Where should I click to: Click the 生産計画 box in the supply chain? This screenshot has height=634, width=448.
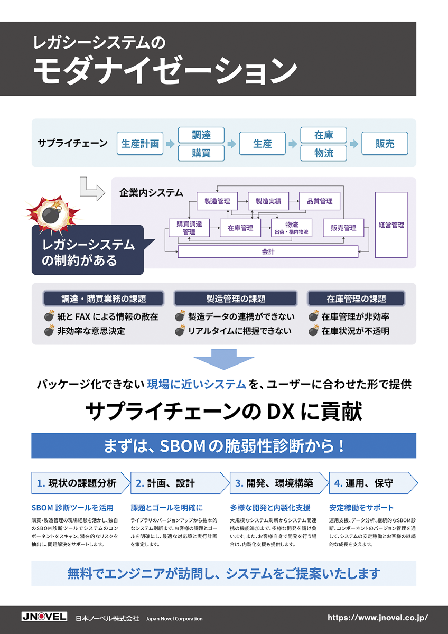point(140,144)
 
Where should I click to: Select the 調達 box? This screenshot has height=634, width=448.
point(201,135)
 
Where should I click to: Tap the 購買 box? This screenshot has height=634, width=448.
point(201,153)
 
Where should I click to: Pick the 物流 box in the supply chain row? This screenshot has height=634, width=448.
point(324,153)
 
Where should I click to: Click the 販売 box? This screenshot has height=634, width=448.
point(385,144)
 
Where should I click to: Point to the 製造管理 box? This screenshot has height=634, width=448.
point(217,201)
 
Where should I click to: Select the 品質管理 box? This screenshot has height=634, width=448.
point(319,201)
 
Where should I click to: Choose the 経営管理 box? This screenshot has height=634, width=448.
point(391,225)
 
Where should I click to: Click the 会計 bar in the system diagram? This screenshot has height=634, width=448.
point(268,252)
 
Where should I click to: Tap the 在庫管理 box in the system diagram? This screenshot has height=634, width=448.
point(240,228)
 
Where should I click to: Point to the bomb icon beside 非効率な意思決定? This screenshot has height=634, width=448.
point(49,331)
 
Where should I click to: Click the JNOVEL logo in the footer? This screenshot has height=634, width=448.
point(44,617)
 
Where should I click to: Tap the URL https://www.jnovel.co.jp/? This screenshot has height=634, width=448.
point(377,617)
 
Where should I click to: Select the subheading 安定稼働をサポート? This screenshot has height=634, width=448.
point(361,508)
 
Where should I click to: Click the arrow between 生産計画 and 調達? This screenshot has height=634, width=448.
point(170,144)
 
